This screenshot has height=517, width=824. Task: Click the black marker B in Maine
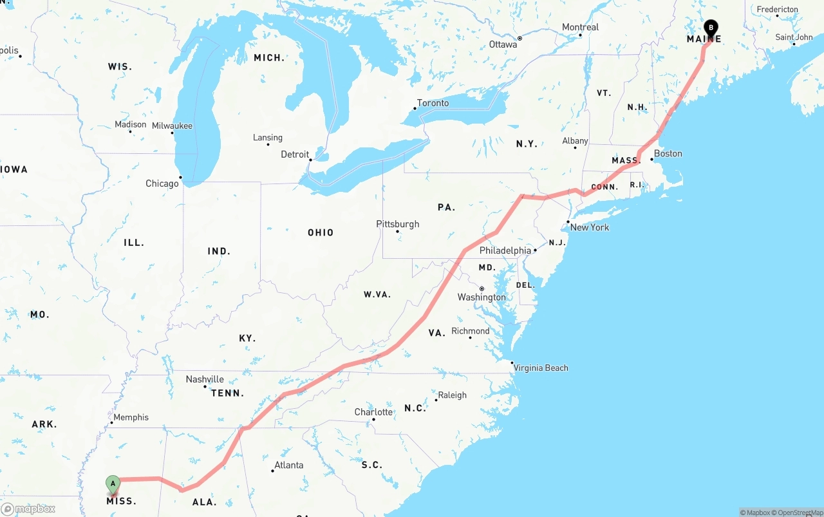tap(711, 28)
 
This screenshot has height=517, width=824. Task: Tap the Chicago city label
tap(162, 183)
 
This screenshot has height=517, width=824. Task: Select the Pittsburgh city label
tap(397, 224)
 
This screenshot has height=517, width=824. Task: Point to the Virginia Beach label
tap(541, 368)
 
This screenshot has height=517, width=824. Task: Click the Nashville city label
tap(205, 379)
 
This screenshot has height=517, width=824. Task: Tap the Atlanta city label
tap(288, 465)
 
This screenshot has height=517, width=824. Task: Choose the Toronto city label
tap(433, 103)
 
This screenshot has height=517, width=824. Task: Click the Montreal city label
tap(580, 27)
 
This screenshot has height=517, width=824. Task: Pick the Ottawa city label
tap(503, 44)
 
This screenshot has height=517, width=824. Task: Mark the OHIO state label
tap(321, 232)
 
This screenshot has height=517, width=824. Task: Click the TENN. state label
tap(228, 393)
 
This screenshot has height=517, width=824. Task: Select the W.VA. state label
tap(377, 294)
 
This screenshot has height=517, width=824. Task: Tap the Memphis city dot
tap(111, 422)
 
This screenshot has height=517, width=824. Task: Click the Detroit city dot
tap(310, 160)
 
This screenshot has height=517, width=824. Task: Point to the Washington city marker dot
tap(482, 288)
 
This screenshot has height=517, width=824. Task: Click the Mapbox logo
tap(28, 509)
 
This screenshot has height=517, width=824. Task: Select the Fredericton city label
tap(777, 10)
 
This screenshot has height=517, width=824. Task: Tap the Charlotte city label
tap(373, 412)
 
